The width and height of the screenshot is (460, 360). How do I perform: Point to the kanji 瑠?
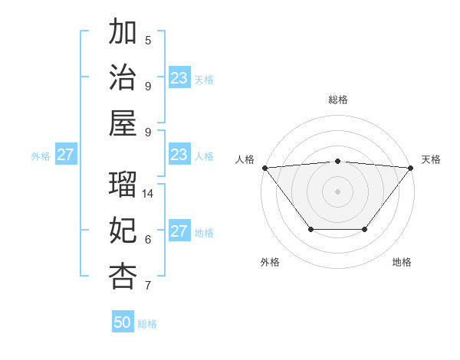click(x=123, y=185)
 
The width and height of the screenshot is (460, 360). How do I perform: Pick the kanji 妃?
click(x=123, y=231)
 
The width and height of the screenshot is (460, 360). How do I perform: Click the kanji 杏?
click(x=123, y=276)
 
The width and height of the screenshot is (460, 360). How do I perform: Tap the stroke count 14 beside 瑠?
click(x=149, y=194)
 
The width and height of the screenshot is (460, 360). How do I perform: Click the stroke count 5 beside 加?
click(x=148, y=41)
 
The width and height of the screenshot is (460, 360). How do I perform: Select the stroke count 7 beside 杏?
click(x=148, y=286)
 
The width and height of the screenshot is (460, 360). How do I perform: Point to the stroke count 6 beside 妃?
click(x=148, y=240)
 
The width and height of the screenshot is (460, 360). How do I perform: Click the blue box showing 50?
click(x=123, y=322)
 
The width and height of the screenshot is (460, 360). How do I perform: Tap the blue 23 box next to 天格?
click(x=179, y=78)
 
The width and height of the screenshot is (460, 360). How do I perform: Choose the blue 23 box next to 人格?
click(x=179, y=155)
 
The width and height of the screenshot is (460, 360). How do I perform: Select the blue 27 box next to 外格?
click(x=66, y=155)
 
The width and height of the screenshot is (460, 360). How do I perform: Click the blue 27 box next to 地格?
click(x=179, y=231)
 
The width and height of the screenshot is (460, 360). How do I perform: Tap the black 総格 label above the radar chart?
click(x=338, y=100)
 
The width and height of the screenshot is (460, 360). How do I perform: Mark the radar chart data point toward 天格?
click(x=411, y=167)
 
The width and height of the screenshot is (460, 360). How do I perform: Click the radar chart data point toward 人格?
click(x=264, y=167)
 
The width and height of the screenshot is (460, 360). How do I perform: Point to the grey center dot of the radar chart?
click(x=338, y=191)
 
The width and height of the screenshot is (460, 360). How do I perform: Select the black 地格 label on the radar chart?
click(x=402, y=262)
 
